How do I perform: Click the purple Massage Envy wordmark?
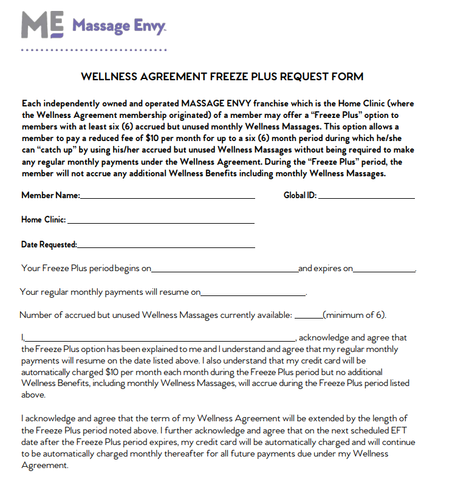119,26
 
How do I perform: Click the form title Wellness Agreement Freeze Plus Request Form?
222,77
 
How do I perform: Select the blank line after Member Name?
167,196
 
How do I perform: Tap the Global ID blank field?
366,196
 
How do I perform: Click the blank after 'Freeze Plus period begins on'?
224,268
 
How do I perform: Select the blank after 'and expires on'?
384,268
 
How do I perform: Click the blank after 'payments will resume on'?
253,292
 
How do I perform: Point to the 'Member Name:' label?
50,196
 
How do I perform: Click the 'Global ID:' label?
300,196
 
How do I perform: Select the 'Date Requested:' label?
49,245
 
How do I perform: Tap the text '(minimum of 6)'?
355,315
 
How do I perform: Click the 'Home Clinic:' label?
44,220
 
